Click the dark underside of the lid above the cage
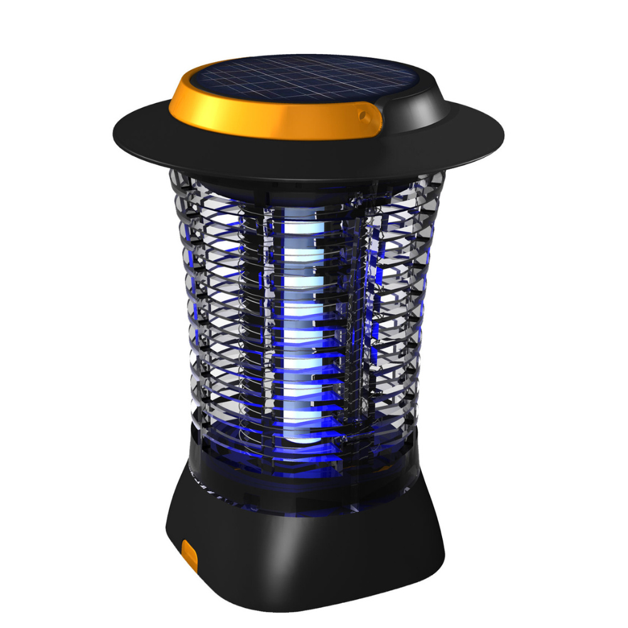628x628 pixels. click(x=301, y=173)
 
